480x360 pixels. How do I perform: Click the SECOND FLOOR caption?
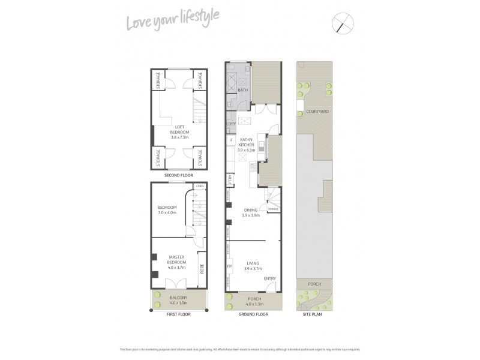pyautogui.click(x=178, y=175)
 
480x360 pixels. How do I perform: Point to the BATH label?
pyautogui.click(x=242, y=91)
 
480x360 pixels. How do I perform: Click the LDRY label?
pyautogui.click(x=231, y=124)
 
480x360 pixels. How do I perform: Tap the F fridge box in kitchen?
pyautogui.click(x=231, y=140)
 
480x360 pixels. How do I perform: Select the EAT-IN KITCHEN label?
pyautogui.click(x=247, y=145)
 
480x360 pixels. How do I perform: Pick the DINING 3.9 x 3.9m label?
pyautogui.click(x=250, y=212)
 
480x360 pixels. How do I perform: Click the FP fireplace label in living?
pyautogui.click(x=229, y=266)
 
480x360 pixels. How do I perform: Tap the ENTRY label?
pyautogui.click(x=269, y=277)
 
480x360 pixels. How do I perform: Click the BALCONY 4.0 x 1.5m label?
pyautogui.click(x=178, y=300)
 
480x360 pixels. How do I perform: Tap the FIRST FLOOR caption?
pyautogui.click(x=178, y=314)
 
